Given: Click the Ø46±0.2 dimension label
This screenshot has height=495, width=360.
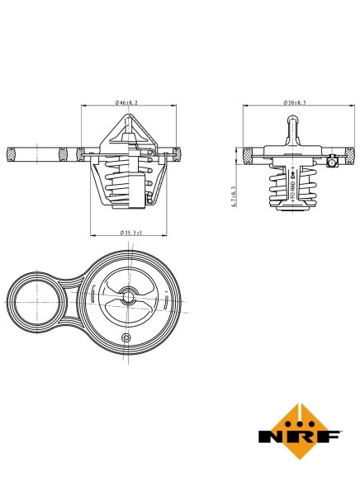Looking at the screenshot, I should pyautogui.click(x=126, y=101).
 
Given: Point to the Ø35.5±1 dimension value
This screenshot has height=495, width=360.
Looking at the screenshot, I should pyautogui.click(x=131, y=233).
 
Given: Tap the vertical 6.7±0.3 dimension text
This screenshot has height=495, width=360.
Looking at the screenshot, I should pyautogui.click(x=234, y=198).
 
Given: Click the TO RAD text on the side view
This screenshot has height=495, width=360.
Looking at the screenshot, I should pyautogui.click(x=293, y=188).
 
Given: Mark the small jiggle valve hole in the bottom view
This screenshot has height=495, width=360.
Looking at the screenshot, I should pyautogui.click(x=126, y=338).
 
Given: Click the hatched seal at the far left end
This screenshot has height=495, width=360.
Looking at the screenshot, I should pyautogui.click(x=12, y=153).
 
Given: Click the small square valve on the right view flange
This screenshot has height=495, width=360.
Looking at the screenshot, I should pyautogui.click(x=329, y=164).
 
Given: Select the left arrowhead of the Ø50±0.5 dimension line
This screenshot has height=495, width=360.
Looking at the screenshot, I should pyautogui.click(x=246, y=106).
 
